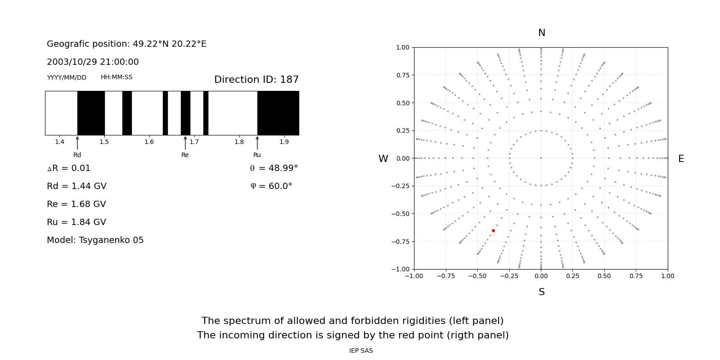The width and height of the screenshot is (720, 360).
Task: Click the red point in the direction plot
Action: pos(493,231)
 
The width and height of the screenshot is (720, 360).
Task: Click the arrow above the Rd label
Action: pos(77,143)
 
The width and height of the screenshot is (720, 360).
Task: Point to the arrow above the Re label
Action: pos(185,143)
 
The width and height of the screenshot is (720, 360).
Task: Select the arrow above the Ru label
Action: pos(257,143)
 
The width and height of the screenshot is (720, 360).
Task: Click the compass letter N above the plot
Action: pos(541,33)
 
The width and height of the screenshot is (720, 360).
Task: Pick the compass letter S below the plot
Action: pos(541,292)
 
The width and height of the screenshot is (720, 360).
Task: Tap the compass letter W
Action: pos(383,159)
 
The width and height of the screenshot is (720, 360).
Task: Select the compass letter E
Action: pos(681,159)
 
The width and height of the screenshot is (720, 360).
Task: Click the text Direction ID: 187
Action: pos(256,80)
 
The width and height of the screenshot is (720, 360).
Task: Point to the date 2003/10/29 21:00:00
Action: pos(93,62)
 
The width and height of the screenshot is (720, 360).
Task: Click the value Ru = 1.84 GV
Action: pos(76,222)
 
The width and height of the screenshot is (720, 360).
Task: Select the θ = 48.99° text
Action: pos(274,168)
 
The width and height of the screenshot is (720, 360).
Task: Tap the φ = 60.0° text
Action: pos(271,186)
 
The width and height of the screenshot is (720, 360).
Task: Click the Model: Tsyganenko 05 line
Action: pos(95,240)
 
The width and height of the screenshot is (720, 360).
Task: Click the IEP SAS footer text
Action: pos(361,351)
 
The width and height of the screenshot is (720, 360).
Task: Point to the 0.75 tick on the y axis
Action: pos(403,75)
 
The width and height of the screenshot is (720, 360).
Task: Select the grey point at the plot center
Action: pos(541,158)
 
